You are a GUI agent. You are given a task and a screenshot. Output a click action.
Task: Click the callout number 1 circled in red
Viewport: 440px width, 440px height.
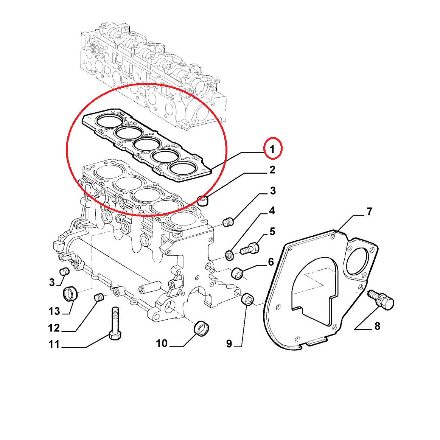click(272, 149)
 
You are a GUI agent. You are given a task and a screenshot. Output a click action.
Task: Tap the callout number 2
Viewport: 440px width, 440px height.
click(272, 170)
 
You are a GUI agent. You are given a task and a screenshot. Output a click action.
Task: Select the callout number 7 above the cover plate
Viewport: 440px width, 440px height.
click(369, 211)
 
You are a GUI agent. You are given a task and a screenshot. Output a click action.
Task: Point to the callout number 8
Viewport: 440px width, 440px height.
click(378, 326)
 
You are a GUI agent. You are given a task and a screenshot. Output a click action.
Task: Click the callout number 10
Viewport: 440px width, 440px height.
click(162, 343)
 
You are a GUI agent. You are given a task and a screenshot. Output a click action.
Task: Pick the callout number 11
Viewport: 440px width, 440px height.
click(54, 344)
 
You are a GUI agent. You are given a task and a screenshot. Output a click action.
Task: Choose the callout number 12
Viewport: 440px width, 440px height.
click(54, 328)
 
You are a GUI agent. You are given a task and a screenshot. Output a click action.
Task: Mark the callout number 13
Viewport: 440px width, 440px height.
click(54, 311)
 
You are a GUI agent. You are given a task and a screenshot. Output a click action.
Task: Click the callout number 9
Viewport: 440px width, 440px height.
click(229, 344)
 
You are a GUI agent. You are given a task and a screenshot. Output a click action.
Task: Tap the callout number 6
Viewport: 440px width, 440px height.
click(271, 262)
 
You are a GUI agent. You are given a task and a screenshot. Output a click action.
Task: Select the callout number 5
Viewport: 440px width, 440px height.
click(272, 232)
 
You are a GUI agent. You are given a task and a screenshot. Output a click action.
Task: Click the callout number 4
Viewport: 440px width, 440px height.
click(272, 211)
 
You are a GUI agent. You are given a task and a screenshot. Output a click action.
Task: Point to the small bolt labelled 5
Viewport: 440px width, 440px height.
click(249, 248)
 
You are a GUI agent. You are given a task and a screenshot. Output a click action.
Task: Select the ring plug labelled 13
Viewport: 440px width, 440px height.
click(70, 294)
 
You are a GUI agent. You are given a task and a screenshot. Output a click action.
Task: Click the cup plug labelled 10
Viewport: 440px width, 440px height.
click(202, 328)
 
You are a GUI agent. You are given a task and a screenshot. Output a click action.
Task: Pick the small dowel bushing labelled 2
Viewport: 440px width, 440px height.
click(204, 201)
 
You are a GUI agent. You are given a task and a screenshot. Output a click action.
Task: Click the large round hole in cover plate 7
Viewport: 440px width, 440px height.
click(357, 260)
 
